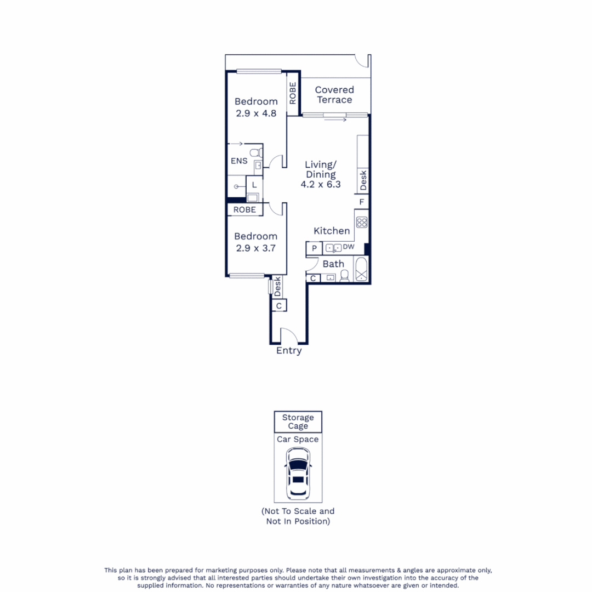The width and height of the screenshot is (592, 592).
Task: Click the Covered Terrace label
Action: [x=334, y=94]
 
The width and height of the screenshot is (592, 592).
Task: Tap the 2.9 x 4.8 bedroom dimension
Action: [x=256, y=113]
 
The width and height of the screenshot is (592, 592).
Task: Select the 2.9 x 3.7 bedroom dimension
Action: [x=255, y=248]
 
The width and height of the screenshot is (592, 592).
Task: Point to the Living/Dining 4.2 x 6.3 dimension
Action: [x=321, y=185]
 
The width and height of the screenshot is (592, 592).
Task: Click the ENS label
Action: [x=238, y=161]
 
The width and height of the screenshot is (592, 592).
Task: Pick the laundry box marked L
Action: [x=254, y=185]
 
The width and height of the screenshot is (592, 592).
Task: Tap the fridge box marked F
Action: [x=362, y=202]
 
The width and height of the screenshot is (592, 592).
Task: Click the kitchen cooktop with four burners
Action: [x=362, y=222]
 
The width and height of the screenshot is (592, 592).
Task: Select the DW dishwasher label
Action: [x=349, y=247]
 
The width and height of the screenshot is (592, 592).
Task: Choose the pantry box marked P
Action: [x=314, y=248]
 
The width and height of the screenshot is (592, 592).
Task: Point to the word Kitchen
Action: [x=332, y=231]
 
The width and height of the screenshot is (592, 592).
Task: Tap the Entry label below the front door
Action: [x=289, y=351]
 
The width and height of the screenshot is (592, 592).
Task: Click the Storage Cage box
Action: [x=298, y=422]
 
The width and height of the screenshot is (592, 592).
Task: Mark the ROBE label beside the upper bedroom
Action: [x=293, y=93]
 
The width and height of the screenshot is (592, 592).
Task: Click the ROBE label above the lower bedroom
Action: [x=244, y=210]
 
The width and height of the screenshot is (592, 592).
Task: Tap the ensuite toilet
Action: [x=254, y=153]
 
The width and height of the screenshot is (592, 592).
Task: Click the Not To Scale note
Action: [x=298, y=516]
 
